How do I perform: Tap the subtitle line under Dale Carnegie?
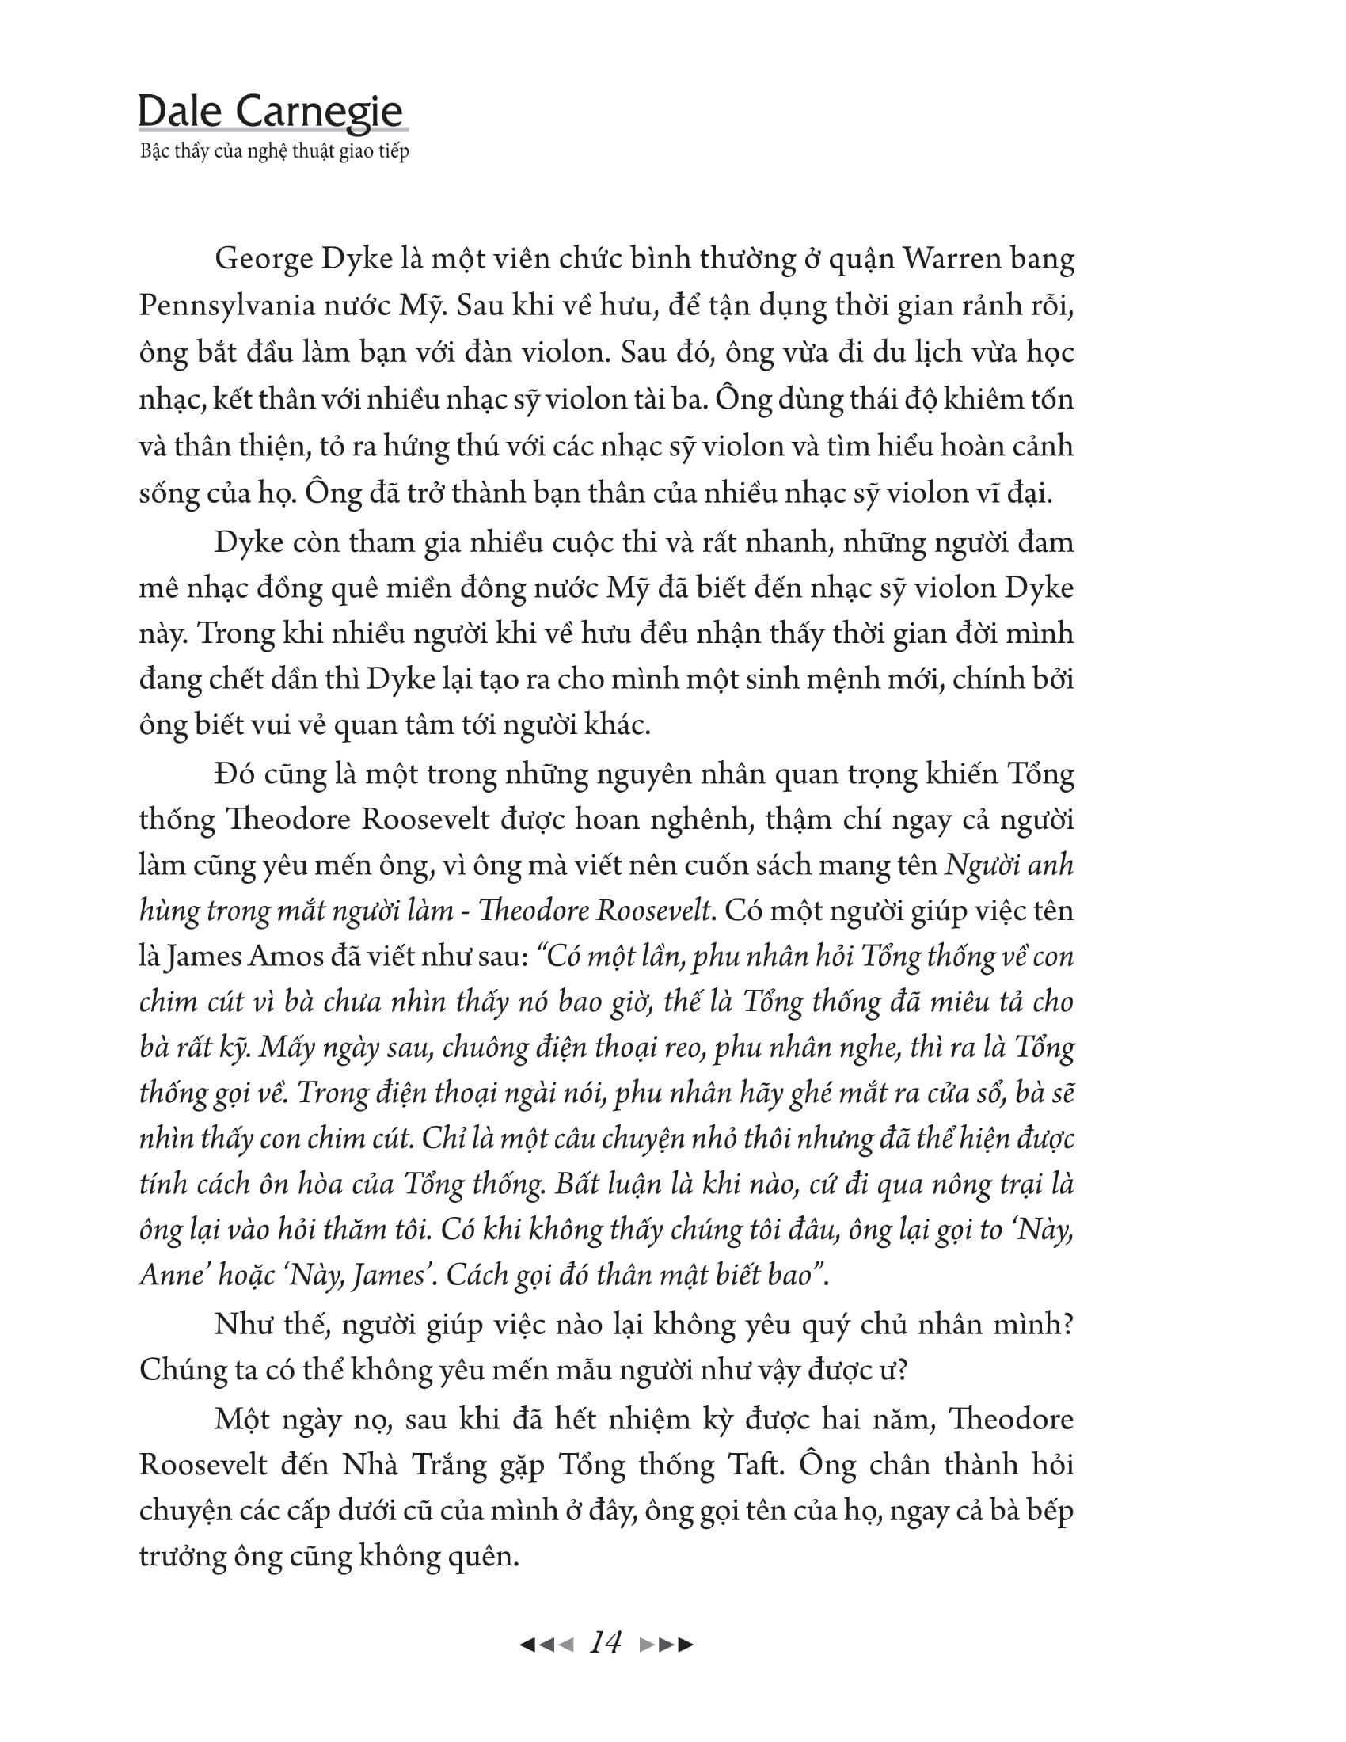coord(274,151)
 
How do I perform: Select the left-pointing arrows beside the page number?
coord(546,1644)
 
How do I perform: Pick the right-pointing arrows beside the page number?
coord(667,1644)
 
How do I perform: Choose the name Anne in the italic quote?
coord(173,1275)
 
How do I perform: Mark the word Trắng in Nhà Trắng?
coord(453,1466)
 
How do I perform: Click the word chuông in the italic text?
coord(490,1048)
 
